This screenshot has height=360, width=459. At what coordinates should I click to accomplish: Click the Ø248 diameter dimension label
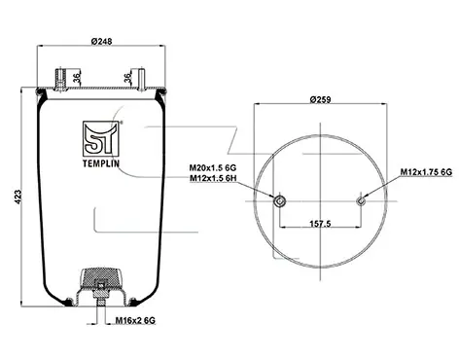tap(101, 42)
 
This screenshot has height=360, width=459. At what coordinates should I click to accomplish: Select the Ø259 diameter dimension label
tap(320, 99)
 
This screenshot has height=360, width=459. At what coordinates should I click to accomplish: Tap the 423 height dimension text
tap(18, 197)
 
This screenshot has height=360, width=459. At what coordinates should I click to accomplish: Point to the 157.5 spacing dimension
tap(320, 224)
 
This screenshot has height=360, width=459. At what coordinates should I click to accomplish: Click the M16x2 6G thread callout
tap(135, 320)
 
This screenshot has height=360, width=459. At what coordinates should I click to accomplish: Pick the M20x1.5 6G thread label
tap(213, 168)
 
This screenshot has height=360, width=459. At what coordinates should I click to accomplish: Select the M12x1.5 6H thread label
tap(213, 178)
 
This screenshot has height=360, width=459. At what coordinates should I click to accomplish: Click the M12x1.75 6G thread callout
tap(426, 172)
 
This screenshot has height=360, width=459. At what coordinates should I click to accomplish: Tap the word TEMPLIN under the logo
tap(101, 163)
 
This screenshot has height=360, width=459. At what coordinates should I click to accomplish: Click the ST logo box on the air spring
tap(101, 139)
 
